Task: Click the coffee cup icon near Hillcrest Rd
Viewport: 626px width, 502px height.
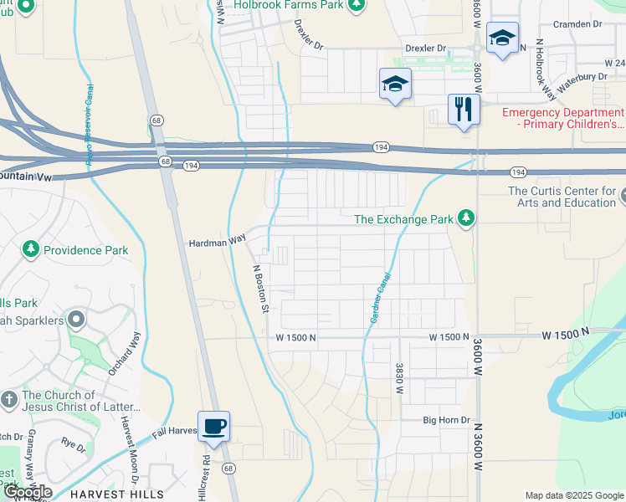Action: pos(213,427)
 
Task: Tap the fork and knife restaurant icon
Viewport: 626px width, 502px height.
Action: pos(463,109)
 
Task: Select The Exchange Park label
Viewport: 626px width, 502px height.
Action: pos(403,220)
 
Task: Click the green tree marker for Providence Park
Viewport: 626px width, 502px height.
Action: pos(31,249)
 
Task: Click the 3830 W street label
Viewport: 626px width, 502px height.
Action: pos(400,378)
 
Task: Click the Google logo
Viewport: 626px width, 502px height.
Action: pos(27,492)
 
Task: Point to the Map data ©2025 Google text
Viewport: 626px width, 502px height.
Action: pos(574,495)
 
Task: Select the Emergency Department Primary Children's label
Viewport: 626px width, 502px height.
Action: pos(562,119)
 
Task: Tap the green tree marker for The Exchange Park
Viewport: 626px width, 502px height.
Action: pos(466,219)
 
